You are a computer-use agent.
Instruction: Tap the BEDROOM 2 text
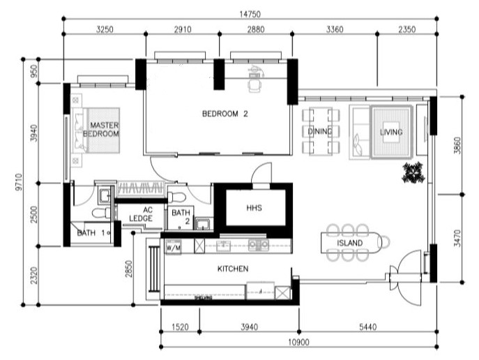coord(225,114)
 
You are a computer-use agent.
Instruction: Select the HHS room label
coord(253,208)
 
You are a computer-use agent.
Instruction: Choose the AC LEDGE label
coord(146,213)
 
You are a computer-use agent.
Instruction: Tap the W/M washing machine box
coord(173,247)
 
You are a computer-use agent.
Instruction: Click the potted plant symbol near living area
coord(413,171)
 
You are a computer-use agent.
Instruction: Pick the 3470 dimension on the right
coord(467,239)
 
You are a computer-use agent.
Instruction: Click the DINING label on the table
coord(320,131)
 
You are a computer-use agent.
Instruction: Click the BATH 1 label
coord(91,233)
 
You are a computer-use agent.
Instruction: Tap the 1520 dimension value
coord(179,326)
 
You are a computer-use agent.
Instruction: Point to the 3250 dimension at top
coord(105,30)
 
